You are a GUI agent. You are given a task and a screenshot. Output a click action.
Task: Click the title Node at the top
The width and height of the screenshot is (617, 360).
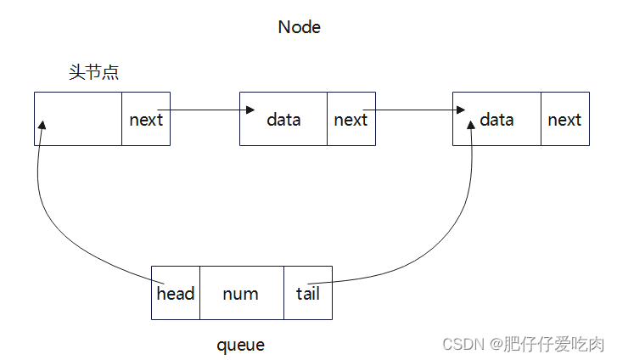click(x=300, y=27)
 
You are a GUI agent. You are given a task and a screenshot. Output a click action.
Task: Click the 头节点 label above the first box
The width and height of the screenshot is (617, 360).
click(x=93, y=72)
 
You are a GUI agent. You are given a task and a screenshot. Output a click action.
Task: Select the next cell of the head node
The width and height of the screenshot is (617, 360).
click(x=146, y=120)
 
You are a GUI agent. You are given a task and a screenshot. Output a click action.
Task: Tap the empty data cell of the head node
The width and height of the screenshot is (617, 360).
click(x=78, y=119)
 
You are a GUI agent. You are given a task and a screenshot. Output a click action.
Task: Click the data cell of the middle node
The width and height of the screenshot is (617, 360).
click(x=283, y=120)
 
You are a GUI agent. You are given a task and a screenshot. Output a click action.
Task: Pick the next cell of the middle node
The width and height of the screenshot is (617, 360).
click(x=351, y=120)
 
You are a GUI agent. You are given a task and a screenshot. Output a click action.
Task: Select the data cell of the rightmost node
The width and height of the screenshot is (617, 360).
click(x=496, y=120)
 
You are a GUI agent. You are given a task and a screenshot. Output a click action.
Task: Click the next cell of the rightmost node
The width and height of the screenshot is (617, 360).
click(x=564, y=120)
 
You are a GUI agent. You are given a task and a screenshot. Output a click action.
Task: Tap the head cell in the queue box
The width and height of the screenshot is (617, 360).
click(x=176, y=293)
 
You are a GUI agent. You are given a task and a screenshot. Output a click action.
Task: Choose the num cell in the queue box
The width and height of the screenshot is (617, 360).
click(x=241, y=293)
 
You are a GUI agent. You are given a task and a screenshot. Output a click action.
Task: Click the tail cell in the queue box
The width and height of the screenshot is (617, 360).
click(x=307, y=293)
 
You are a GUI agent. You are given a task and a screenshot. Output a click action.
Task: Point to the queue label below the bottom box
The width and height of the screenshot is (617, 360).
click(x=240, y=345)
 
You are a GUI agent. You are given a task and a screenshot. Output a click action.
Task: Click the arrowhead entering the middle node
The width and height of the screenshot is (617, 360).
click(x=250, y=110)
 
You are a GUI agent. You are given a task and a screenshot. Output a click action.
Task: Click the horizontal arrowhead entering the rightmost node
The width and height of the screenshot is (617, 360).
click(x=459, y=110)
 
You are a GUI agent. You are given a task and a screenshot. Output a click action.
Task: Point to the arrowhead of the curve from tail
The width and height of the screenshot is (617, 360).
click(x=469, y=126)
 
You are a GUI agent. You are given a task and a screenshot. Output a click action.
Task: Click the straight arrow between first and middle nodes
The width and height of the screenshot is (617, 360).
click(x=204, y=110)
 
